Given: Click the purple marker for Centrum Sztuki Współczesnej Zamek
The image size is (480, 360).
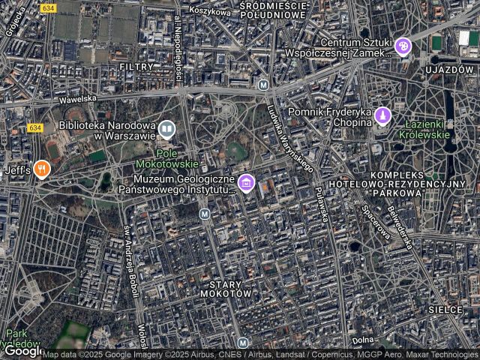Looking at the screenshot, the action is [403, 47].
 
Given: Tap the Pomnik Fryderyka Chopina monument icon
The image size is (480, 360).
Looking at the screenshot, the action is [383, 116].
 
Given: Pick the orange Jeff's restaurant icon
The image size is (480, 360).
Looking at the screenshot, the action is [42, 169].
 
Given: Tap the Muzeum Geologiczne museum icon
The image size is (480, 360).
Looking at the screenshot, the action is [245, 182].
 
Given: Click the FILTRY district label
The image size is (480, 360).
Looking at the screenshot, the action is [136, 67].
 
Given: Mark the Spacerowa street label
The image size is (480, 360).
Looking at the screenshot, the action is [376, 223].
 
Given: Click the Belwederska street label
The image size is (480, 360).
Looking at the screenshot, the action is [399, 228].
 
